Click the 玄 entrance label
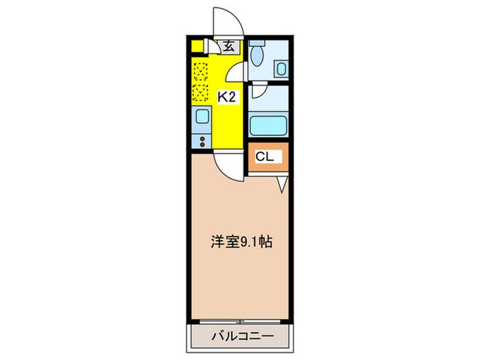click(228, 47)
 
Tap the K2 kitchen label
click(227, 97)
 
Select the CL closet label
click(265, 157)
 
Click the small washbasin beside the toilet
click(281, 68)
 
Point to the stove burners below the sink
click(202, 141)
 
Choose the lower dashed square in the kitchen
click(201, 91)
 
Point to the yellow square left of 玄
click(198, 47)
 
